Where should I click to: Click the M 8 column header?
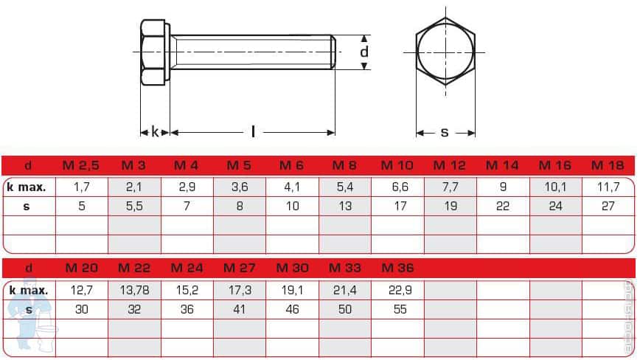point(344,165)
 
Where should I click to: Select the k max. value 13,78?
point(134,290)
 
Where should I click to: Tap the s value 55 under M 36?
point(400,309)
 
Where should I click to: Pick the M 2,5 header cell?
point(81,165)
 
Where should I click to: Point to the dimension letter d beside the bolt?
point(364,52)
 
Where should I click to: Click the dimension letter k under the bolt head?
point(155,132)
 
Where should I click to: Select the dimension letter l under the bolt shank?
point(253,132)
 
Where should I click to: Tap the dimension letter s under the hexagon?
point(445,133)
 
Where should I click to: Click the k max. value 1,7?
point(82,187)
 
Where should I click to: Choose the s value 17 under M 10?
point(400,206)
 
